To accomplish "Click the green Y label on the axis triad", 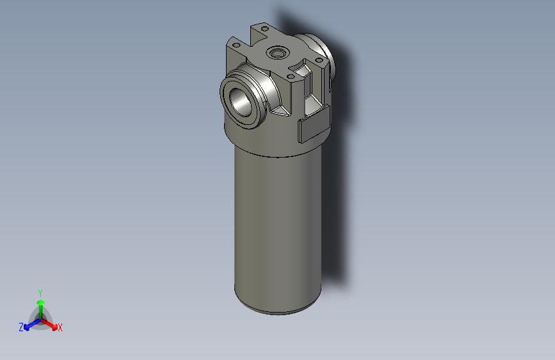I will pos(40,292).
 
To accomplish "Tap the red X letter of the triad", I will pos(60,327).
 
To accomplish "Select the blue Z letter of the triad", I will pos(21,327).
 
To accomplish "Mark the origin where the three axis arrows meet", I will pos(40,318).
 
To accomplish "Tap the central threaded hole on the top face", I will pos(278,52).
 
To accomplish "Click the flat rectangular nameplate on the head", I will pos(313,128).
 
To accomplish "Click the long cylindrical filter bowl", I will pos(277,224).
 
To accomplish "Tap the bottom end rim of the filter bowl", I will pos(277,310).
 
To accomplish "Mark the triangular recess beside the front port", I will pos(280,110).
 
